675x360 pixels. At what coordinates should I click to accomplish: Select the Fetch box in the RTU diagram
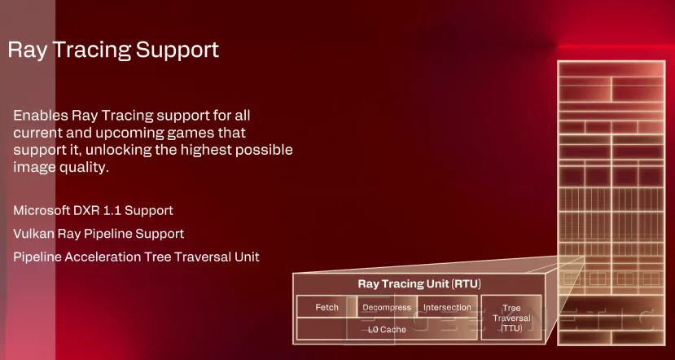pyautogui.click(x=327, y=307)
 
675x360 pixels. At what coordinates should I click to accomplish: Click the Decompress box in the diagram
pyautogui.click(x=387, y=307)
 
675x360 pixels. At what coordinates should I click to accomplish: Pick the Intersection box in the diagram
pyautogui.click(x=447, y=307)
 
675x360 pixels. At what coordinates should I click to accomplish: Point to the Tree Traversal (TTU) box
pyautogui.click(x=511, y=318)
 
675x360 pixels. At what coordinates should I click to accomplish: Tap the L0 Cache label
pyautogui.click(x=387, y=329)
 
